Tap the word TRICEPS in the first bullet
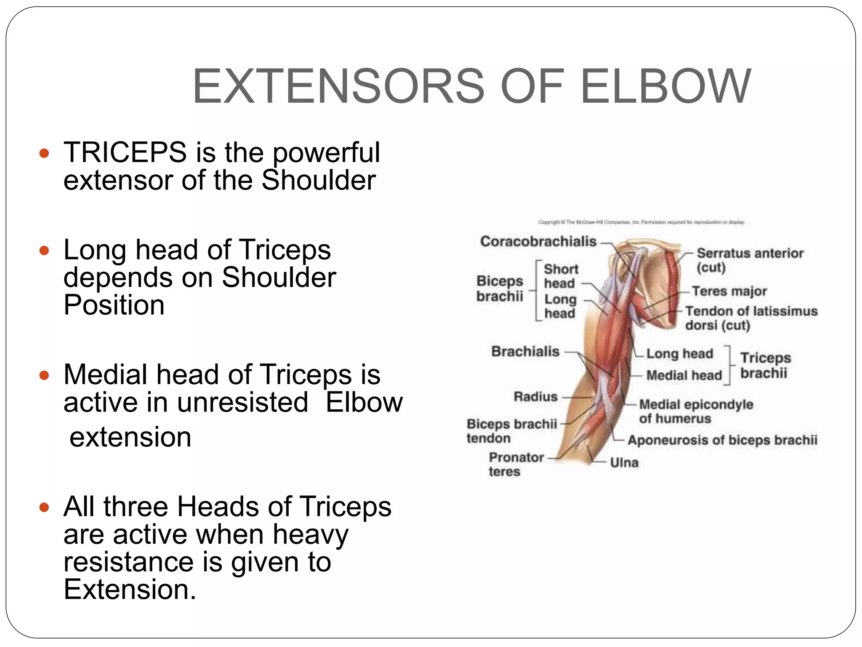point(125,152)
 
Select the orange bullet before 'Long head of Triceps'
point(44,251)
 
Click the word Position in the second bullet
point(114,305)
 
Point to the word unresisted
point(242,402)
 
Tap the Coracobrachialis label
point(538,241)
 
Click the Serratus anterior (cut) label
point(750,259)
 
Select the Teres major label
point(729,291)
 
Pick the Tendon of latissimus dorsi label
point(751,318)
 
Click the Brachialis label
point(525,351)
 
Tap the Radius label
point(535,397)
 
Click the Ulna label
point(624,463)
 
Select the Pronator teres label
point(516,464)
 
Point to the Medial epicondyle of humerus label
point(696,411)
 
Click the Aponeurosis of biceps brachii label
point(722,440)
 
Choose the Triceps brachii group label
point(765,365)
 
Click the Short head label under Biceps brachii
point(561,276)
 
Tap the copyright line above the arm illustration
point(641,222)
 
